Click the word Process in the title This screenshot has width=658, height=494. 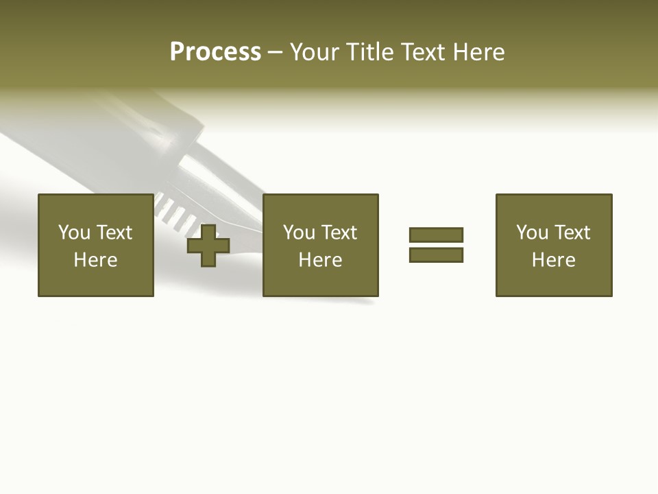[x=215, y=52]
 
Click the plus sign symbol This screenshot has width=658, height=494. [x=208, y=246]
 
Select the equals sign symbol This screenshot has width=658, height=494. [x=436, y=245]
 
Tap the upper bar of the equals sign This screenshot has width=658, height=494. [x=436, y=235]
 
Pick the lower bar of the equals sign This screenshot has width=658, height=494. [x=436, y=255]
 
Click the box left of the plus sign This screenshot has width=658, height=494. [x=96, y=245]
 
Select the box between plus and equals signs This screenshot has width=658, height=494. [x=321, y=245]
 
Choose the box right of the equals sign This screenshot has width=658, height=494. [x=554, y=245]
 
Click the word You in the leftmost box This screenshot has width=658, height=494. [x=74, y=233]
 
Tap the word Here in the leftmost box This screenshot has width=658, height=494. [x=96, y=260]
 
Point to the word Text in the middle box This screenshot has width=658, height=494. [x=339, y=233]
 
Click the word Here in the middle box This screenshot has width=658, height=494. [x=321, y=260]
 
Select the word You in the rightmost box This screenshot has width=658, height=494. [x=532, y=233]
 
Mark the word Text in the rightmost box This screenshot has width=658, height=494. [x=572, y=233]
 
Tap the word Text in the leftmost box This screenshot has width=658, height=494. [x=114, y=233]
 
